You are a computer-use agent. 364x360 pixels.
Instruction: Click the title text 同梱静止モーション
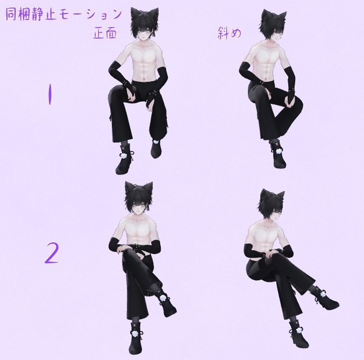(64, 14)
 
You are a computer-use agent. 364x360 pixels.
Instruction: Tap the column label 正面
(105, 33)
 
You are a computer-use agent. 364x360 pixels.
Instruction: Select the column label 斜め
(229, 33)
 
